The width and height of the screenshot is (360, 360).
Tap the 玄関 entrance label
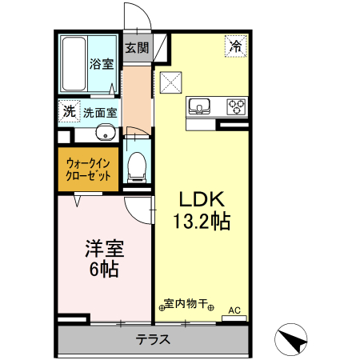(136, 47)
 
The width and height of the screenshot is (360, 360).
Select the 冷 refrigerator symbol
(235, 46)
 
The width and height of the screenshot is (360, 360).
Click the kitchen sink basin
(199, 105)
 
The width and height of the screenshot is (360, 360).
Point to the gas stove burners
(237, 105)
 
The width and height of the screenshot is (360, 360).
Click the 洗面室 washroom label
(100, 113)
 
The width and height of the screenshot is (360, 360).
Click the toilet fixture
(137, 166)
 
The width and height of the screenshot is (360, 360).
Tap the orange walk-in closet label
(88, 169)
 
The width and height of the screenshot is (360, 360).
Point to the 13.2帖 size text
(200, 221)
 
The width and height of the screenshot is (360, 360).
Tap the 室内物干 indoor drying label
(185, 304)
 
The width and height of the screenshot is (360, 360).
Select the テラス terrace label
(152, 339)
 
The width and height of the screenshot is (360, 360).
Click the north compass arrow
(291, 341)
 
